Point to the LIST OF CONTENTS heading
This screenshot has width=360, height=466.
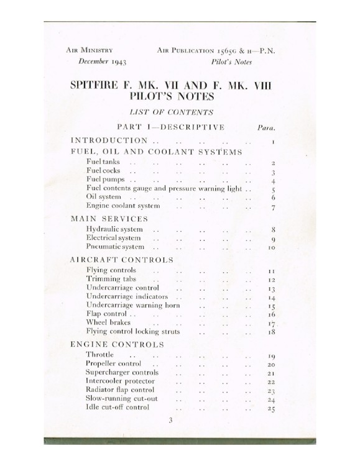click(171, 112)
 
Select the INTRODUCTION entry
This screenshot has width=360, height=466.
click(109, 140)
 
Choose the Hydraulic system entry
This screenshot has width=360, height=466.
click(114, 229)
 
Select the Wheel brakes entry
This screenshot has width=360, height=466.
click(109, 323)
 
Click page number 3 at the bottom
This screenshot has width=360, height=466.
click(170, 420)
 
